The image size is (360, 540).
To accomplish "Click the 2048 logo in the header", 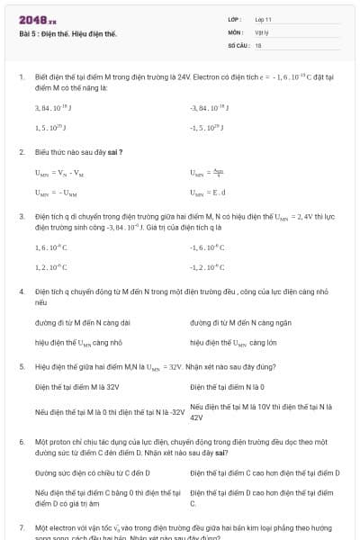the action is click(x=37, y=20).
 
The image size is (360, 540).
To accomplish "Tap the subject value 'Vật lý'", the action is click(x=262, y=31).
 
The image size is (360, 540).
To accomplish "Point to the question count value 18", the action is click(x=258, y=44).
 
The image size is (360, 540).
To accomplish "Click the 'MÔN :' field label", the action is click(x=236, y=31).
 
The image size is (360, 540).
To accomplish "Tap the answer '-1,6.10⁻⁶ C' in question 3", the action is click(x=208, y=247).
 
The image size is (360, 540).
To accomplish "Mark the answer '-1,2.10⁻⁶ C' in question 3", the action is click(x=208, y=267).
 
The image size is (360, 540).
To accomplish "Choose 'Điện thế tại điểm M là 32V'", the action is click(x=77, y=387).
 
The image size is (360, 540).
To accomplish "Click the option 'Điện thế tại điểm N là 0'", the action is click(x=227, y=387).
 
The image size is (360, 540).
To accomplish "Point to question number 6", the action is click(x=21, y=443).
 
